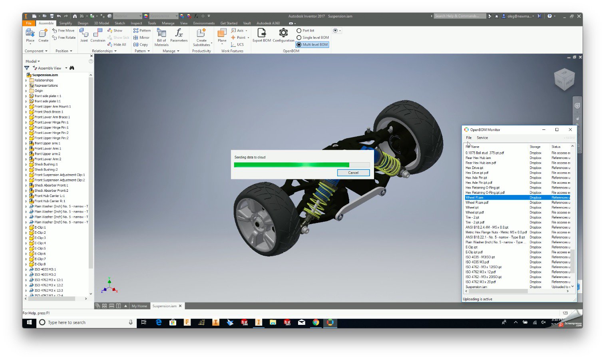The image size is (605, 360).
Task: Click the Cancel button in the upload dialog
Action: (353, 173)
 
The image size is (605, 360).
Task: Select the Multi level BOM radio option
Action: (299, 45)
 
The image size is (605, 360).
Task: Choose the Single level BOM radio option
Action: (299, 38)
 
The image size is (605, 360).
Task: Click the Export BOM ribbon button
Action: (262, 35)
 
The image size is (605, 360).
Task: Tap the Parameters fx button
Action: (179, 35)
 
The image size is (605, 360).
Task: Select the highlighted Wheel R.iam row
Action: (496, 197)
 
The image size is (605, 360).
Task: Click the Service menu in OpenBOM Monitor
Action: (482, 138)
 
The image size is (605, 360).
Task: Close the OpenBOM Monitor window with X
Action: (570, 129)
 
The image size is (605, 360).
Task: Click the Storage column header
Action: (535, 147)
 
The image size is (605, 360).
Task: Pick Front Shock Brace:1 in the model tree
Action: (49, 112)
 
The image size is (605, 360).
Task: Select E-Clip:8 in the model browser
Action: (40, 264)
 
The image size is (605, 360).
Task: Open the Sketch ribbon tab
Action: (120, 23)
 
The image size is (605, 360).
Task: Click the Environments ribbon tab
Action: (204, 23)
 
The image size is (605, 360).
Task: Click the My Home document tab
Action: (139, 306)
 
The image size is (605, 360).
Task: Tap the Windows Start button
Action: (29, 322)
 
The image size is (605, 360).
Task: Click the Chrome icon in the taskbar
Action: (316, 322)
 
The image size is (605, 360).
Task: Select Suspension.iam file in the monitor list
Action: (476, 287)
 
